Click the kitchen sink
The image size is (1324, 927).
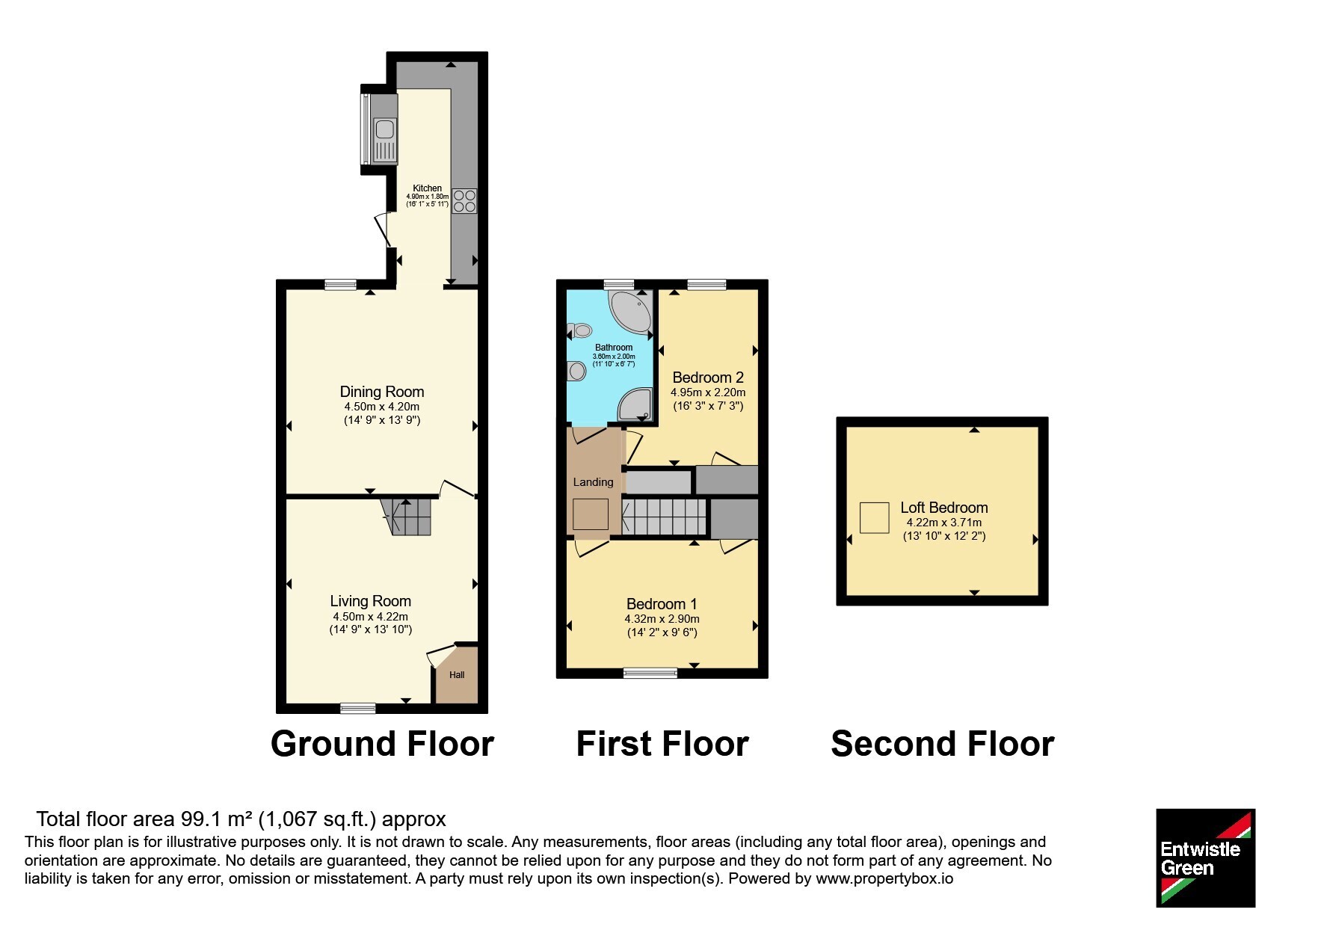point(385,141)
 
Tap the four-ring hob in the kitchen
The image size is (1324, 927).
point(464,201)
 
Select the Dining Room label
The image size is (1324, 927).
point(382,392)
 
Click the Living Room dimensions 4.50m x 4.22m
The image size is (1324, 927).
point(371,617)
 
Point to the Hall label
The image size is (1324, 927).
point(457,674)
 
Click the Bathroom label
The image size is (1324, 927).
point(614,348)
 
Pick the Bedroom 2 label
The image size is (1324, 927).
point(708,378)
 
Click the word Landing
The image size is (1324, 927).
point(593,482)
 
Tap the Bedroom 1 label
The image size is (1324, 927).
point(662,604)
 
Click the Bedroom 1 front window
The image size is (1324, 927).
point(650,673)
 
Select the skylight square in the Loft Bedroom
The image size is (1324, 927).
point(874,517)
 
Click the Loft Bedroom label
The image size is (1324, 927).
point(944,508)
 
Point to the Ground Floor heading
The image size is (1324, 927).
point(382,744)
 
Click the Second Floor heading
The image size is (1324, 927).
point(943,744)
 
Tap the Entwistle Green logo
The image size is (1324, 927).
point(1205,858)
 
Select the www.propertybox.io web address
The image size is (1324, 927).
point(884,879)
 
